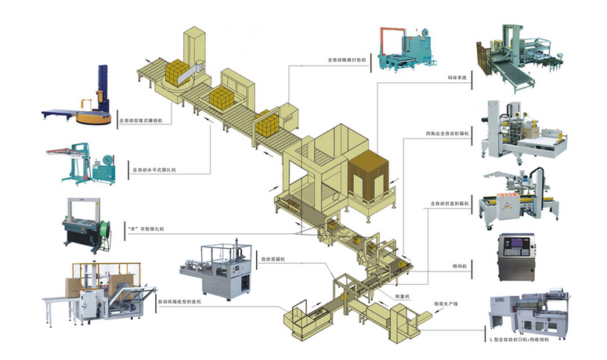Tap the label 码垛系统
point(457,78)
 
